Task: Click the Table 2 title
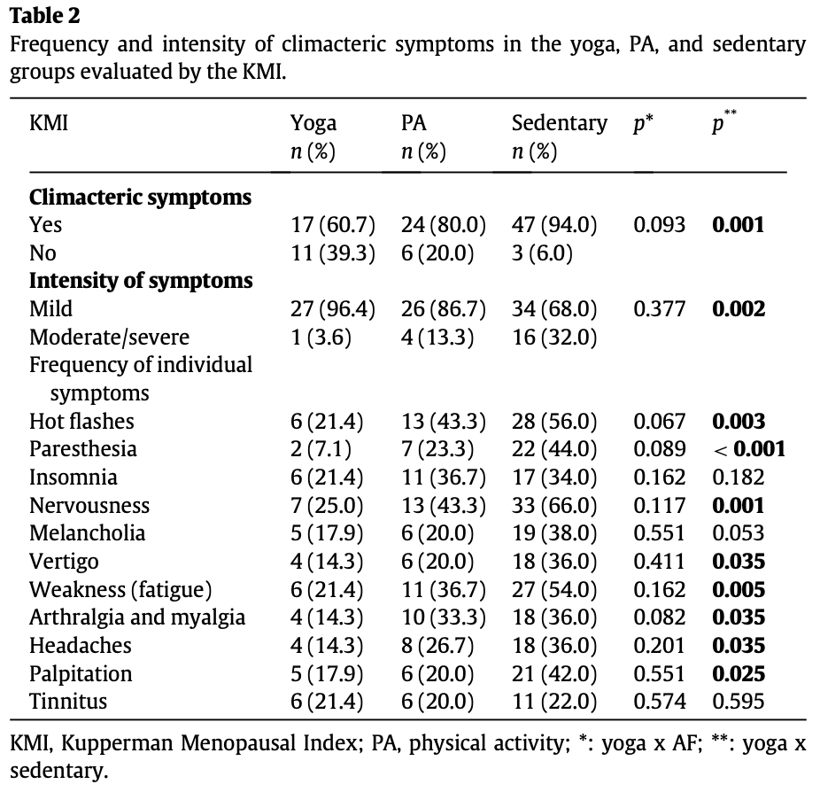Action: tap(45, 16)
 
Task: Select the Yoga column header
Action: tap(313, 124)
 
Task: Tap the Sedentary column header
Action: tap(560, 124)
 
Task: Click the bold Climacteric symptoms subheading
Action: tap(140, 198)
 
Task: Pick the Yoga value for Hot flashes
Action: tap(327, 422)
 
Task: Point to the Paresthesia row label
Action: tap(83, 449)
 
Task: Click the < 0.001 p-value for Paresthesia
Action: tap(749, 449)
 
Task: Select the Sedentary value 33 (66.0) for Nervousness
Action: tap(554, 506)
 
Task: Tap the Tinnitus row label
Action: tap(68, 702)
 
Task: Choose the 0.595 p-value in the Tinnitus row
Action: tap(739, 702)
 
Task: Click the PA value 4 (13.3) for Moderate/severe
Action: tap(437, 338)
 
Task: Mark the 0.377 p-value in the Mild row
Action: tap(660, 309)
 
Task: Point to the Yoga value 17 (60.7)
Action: tap(333, 225)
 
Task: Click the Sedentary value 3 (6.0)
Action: tap(542, 253)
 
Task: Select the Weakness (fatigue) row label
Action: tap(120, 590)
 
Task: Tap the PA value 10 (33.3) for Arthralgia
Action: tap(444, 617)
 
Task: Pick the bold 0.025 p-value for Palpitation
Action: tap(739, 674)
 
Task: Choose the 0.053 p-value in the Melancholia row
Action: tap(739, 533)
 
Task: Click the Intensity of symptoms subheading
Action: tap(141, 281)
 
